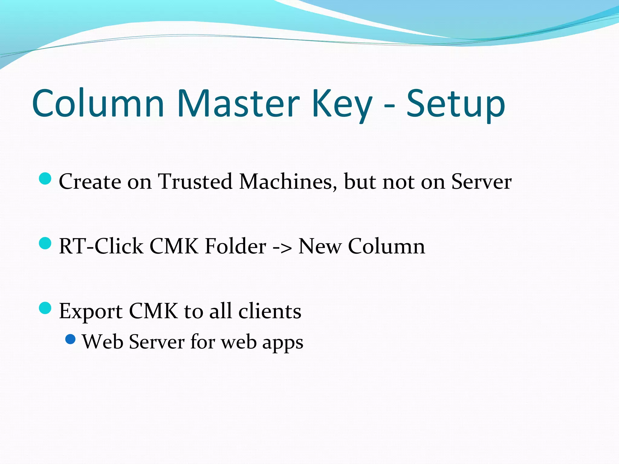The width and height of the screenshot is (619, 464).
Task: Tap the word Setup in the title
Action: pyautogui.click(x=455, y=104)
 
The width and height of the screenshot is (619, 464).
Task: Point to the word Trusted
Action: pyautogui.click(x=195, y=182)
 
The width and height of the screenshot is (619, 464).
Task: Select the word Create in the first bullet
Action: pyautogui.click(x=90, y=182)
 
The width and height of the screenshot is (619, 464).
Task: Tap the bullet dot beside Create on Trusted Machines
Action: pyautogui.click(x=45, y=179)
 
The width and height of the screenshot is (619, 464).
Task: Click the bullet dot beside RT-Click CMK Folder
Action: pyautogui.click(x=45, y=243)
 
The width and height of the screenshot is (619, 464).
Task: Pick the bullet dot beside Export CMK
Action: pyautogui.click(x=45, y=308)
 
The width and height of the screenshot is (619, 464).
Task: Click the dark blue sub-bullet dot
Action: pyautogui.click(x=70, y=339)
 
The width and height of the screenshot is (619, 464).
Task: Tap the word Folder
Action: pyautogui.click(x=235, y=246)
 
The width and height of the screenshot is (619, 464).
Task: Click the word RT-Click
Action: pyautogui.click(x=101, y=246)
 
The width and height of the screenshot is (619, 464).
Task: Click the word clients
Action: pyautogui.click(x=270, y=311)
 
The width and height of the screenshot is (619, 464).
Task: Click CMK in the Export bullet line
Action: pyautogui.click(x=153, y=311)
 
